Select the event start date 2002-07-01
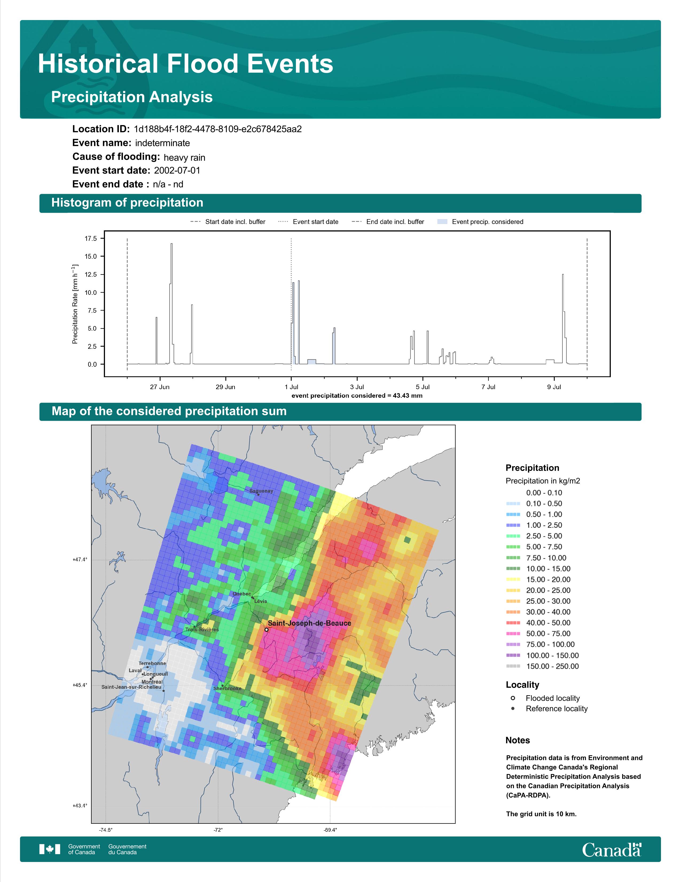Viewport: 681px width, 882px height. tap(177, 171)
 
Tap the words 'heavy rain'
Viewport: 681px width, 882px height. tap(184, 157)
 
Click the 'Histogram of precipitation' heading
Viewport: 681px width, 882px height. tap(127, 203)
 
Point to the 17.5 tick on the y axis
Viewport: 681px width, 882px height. tap(91, 239)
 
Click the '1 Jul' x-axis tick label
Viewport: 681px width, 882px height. tap(291, 387)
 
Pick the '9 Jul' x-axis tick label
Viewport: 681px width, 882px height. tap(554, 387)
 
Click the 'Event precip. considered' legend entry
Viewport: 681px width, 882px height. tap(480, 222)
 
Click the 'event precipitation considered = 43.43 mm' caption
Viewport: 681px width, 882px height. tap(357, 396)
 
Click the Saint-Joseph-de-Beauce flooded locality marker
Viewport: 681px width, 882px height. tap(266, 630)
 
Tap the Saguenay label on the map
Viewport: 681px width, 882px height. tap(261, 491)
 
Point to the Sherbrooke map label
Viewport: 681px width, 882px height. tap(228, 688)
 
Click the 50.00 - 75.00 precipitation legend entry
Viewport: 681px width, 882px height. tap(538, 634)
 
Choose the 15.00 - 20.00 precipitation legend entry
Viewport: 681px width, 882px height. tap(538, 579)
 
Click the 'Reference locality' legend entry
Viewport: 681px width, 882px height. tap(549, 709)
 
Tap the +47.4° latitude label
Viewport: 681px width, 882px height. tap(80, 560)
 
